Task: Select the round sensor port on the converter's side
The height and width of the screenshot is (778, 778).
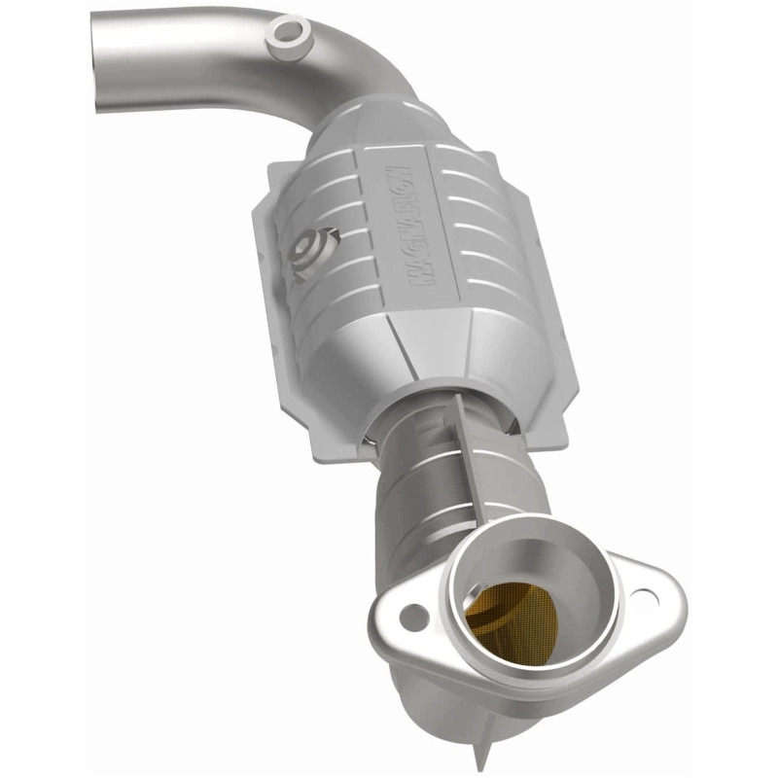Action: tap(312, 250)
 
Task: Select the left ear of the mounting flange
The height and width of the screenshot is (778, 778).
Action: tap(399, 618)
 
